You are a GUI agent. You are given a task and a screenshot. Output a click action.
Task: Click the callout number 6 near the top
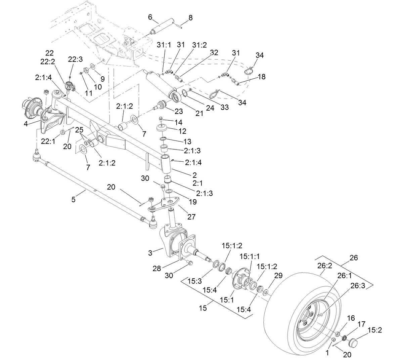(x=150, y=17)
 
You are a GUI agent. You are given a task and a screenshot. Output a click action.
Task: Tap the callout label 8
(x=190, y=18)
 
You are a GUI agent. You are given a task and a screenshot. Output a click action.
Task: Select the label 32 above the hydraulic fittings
(x=214, y=52)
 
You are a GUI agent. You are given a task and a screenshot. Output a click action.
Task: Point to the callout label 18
(x=262, y=77)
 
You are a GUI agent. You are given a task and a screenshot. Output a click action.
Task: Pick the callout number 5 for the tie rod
(x=74, y=199)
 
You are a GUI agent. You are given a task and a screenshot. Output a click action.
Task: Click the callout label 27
(x=191, y=217)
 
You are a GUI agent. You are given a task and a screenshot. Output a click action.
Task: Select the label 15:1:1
(x=250, y=256)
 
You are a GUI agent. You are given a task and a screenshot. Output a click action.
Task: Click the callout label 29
(x=278, y=276)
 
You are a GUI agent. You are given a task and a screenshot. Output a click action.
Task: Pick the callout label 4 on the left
(x=26, y=124)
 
